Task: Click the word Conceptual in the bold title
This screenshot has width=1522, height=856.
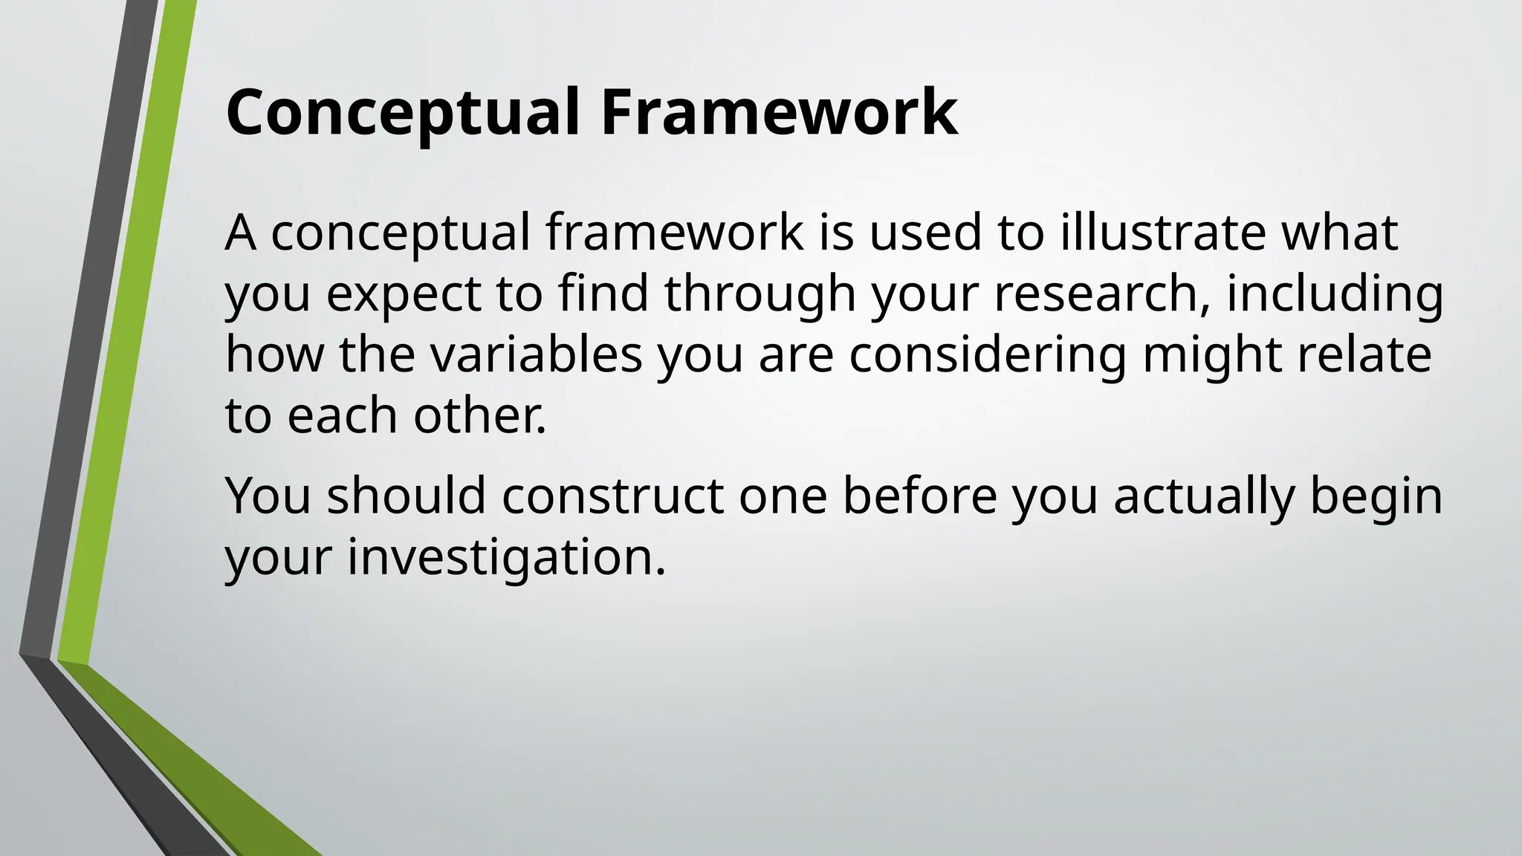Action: click(x=402, y=113)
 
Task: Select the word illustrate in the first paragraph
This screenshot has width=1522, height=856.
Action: click(x=1162, y=233)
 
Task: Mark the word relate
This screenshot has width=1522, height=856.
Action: click(x=1364, y=354)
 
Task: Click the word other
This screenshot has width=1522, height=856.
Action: click(x=480, y=415)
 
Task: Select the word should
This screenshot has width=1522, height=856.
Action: click(x=407, y=496)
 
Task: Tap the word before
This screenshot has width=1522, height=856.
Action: click(x=919, y=496)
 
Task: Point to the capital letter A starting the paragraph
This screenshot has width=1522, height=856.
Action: click(x=241, y=233)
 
